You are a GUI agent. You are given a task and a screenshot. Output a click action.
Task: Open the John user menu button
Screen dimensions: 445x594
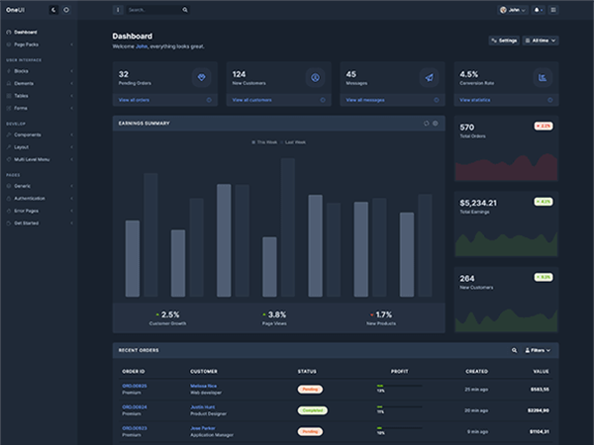(511, 10)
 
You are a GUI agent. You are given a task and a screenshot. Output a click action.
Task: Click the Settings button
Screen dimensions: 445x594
(504, 41)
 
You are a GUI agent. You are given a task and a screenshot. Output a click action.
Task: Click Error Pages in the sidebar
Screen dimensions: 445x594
(27, 211)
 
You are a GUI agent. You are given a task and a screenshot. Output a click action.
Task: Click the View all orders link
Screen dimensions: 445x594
(136, 100)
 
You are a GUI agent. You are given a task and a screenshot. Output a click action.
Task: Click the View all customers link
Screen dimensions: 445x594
(251, 100)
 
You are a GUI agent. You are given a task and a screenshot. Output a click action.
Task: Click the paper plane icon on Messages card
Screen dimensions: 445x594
(428, 77)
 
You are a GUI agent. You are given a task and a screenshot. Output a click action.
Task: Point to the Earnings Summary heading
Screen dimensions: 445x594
(145, 124)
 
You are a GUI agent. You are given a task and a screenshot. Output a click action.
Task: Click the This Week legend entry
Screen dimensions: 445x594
(264, 142)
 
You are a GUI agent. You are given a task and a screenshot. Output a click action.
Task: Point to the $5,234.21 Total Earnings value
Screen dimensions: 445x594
(479, 203)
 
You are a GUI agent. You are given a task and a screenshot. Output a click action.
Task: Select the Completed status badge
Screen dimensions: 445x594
(312, 409)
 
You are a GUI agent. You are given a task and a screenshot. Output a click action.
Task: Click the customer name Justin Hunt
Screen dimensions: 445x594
(203, 406)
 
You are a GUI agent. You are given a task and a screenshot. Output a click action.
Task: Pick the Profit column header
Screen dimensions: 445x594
(399, 371)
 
